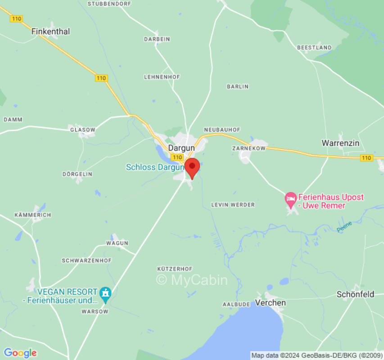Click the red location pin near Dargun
[192, 167]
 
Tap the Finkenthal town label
[50, 31]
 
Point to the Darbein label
[157, 39]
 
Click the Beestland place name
[314, 47]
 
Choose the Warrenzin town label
[340, 143]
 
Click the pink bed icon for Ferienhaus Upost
[291, 198]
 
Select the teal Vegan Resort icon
[105, 292]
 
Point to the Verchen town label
[270, 303]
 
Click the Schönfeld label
[355, 294]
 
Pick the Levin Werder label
[233, 205]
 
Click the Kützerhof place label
[172, 269]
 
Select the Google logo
[20, 353]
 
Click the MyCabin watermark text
[192, 280]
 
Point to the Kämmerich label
[32, 215]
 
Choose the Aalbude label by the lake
[236, 305]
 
